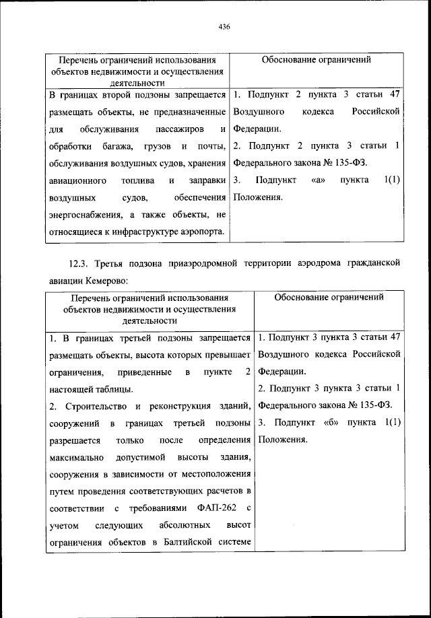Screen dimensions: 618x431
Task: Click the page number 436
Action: (x=225, y=27)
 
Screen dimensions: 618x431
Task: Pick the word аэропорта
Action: (x=203, y=232)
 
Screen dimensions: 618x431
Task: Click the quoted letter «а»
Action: (x=319, y=180)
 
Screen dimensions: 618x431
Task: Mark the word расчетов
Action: (x=228, y=491)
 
